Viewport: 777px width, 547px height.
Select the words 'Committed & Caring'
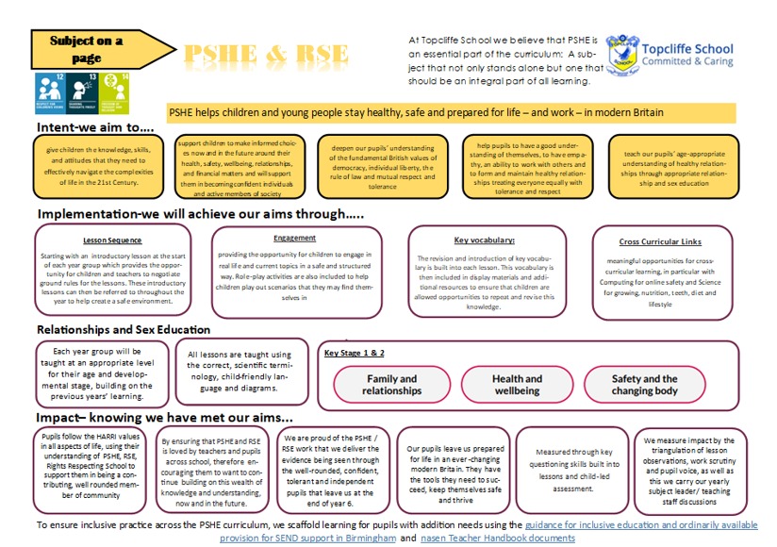coord(690,61)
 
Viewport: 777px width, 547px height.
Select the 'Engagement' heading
coord(294,238)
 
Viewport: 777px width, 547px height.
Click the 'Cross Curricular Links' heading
coord(660,242)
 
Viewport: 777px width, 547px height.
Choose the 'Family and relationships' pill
coord(391,385)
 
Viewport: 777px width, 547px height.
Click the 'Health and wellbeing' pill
coord(517,385)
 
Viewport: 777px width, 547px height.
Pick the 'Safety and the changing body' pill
coord(645,385)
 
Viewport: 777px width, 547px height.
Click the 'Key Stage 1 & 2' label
coord(355,353)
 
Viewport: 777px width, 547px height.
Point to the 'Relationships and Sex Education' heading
coord(124,329)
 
